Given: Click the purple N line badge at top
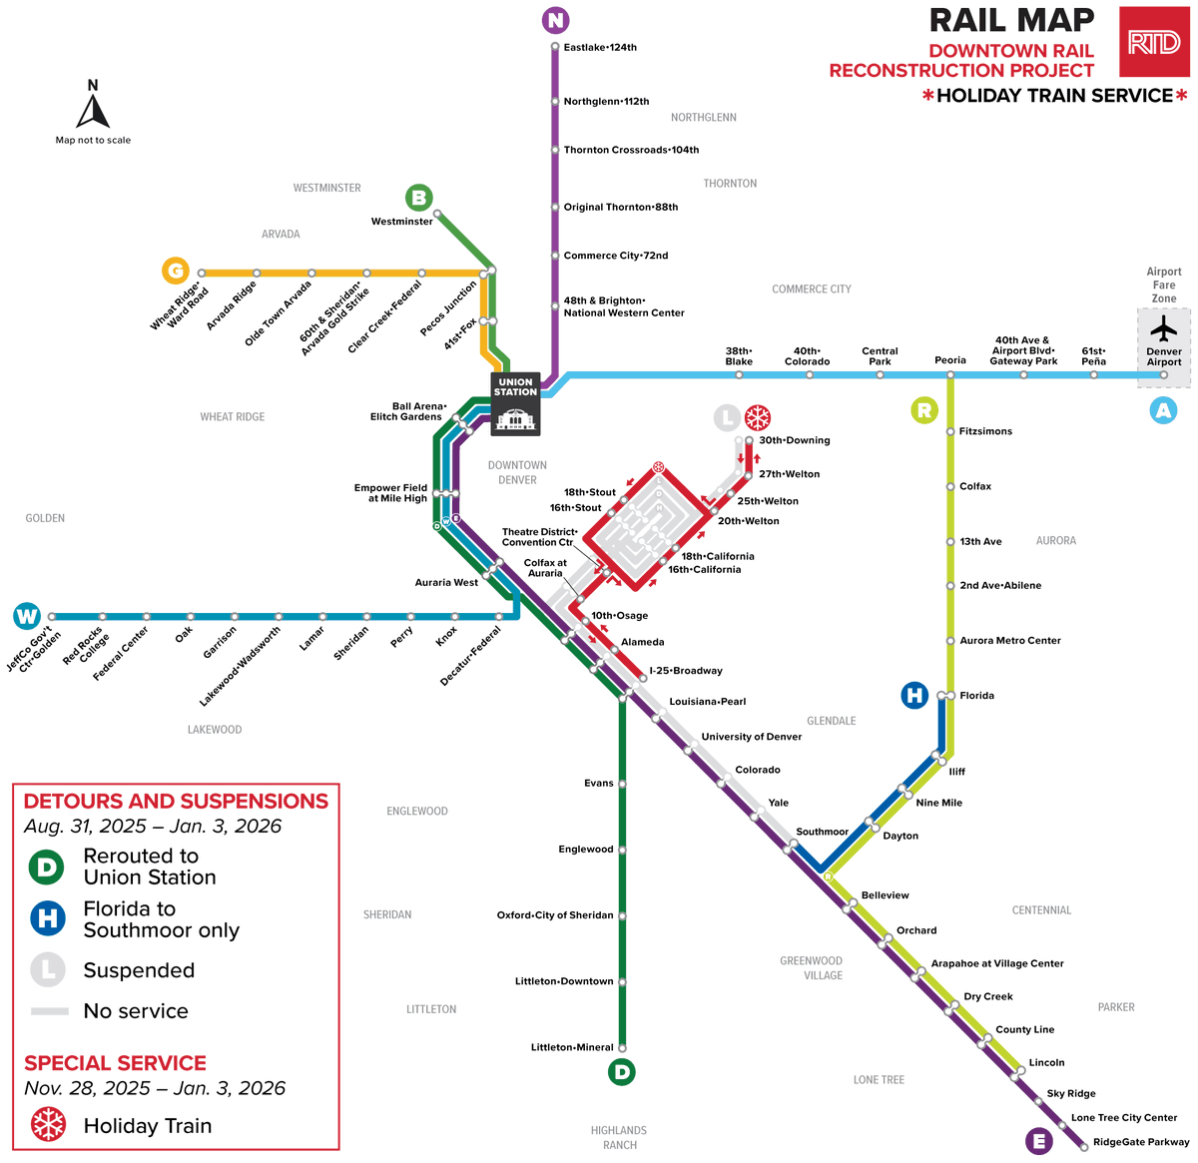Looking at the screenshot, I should click(555, 19).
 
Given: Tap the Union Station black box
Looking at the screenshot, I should click(515, 404).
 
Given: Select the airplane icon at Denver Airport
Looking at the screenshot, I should click(1163, 329).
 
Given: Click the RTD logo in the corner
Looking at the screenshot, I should click(1154, 42).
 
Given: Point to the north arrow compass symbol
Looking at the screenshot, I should click(93, 106).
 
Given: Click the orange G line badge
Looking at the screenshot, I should click(176, 271).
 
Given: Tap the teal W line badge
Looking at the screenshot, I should click(27, 616).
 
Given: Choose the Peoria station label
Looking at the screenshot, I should click(950, 360).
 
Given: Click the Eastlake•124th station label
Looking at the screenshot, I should click(600, 47).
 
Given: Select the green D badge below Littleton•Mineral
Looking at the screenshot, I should click(621, 1072).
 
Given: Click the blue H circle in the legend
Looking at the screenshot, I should click(47, 918).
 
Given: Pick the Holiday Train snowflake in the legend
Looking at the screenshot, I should click(48, 1125).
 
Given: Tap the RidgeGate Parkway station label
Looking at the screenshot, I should click(1140, 1142).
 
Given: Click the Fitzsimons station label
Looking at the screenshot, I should click(985, 431).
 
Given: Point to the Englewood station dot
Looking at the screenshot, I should click(622, 850).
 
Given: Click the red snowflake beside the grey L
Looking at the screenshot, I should click(758, 417).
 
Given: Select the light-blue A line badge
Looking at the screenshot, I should click(1163, 410).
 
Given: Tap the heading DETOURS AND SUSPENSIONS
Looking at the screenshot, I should click(176, 802).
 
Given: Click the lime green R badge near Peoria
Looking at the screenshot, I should click(924, 409).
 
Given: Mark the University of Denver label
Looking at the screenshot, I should click(751, 737).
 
